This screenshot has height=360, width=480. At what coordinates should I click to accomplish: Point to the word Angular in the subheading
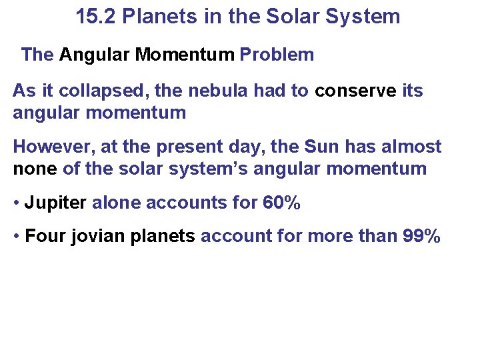(x=94, y=55)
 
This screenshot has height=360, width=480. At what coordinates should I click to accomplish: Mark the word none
(x=35, y=169)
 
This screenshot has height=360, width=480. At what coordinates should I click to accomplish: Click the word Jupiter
(x=55, y=203)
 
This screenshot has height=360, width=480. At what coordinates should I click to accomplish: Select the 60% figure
(x=281, y=203)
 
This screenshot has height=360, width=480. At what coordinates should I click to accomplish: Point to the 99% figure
(x=422, y=236)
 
